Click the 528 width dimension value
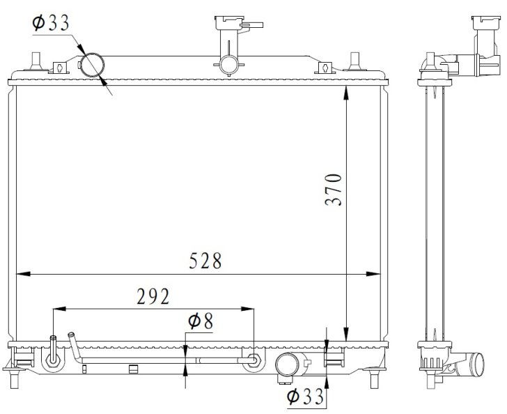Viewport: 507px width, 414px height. (x=205, y=261)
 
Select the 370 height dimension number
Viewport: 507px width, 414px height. (x=334, y=190)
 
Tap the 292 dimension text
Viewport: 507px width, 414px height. (x=153, y=296)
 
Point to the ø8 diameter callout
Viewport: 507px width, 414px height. (x=201, y=321)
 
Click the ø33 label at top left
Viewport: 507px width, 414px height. (x=51, y=23)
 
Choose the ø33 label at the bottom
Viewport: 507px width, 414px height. (x=305, y=397)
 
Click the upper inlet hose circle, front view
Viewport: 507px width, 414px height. (x=93, y=64)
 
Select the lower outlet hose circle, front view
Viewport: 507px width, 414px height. (x=288, y=364)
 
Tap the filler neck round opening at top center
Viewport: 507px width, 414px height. (x=229, y=65)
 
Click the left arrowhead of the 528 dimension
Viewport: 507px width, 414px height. (x=23, y=274)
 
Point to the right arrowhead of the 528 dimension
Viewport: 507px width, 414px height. (x=373, y=274)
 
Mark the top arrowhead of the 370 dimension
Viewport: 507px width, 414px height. (x=346, y=93)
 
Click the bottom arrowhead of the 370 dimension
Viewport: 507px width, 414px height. (x=346, y=334)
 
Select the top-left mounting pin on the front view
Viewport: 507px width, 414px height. (x=36, y=61)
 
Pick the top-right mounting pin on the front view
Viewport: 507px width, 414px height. (x=354, y=61)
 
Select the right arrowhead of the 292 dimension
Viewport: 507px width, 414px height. (x=247, y=309)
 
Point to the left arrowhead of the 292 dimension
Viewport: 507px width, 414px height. (x=59, y=309)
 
